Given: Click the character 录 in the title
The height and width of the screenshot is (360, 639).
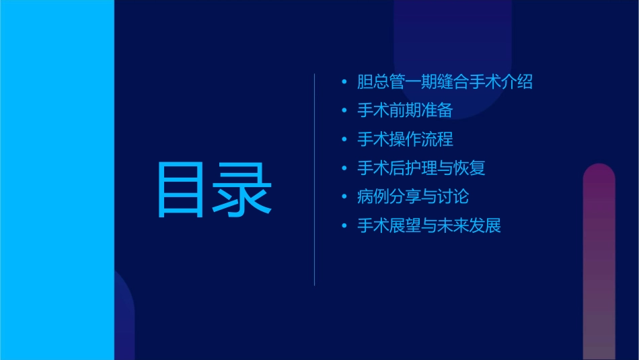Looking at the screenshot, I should [242, 190].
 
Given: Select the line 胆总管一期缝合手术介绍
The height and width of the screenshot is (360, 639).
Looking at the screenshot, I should [445, 82].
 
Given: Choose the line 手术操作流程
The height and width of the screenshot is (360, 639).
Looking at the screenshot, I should [405, 139].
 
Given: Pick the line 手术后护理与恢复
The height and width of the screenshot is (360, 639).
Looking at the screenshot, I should [421, 168].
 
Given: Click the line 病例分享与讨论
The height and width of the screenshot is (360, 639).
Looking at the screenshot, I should [413, 196].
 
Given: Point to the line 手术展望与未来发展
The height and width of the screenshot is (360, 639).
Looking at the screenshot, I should [429, 225].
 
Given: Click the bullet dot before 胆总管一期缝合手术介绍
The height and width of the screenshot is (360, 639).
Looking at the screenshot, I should [344, 82].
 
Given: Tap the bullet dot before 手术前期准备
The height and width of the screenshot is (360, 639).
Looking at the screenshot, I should [344, 111].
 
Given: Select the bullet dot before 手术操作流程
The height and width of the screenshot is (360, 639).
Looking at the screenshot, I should [344, 139].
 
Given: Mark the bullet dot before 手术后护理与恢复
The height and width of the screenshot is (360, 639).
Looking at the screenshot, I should [344, 168].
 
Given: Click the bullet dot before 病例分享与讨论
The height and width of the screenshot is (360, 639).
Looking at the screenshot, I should [344, 196].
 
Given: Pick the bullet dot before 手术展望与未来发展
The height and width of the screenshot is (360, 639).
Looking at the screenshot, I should [344, 225].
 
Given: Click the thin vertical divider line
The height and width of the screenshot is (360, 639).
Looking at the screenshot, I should [315, 180].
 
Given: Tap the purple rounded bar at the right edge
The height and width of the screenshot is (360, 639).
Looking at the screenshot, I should [599, 262].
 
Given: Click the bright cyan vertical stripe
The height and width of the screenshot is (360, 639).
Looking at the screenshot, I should [57, 180].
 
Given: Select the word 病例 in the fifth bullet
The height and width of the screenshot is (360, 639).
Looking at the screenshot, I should [373, 196].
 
